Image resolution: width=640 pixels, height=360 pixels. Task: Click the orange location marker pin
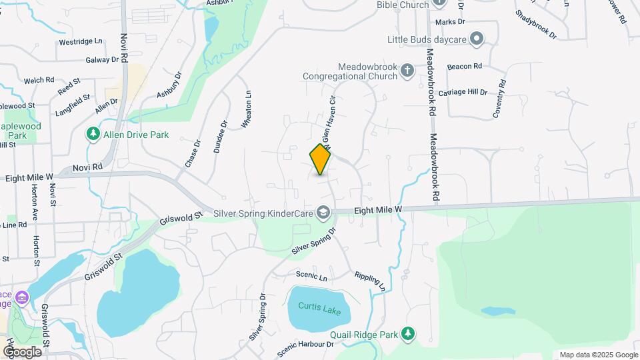click(321, 159)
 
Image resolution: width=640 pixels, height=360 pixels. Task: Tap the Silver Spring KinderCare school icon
click(323, 212)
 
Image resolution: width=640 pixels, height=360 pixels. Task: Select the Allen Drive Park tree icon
click(93, 135)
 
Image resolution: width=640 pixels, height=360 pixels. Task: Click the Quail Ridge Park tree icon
click(408, 333)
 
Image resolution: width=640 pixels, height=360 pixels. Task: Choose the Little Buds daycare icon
click(476, 38)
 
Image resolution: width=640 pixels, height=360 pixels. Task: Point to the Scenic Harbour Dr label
click(306, 344)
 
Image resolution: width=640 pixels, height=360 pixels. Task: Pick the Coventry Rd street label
click(500, 99)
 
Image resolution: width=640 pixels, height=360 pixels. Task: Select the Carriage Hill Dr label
click(463, 91)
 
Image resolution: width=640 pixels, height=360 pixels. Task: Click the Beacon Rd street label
click(465, 67)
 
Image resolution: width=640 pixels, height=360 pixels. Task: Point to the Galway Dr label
click(107, 59)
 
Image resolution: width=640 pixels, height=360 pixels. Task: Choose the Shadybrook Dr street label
click(535, 24)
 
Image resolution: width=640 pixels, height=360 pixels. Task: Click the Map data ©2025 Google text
click(598, 355)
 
